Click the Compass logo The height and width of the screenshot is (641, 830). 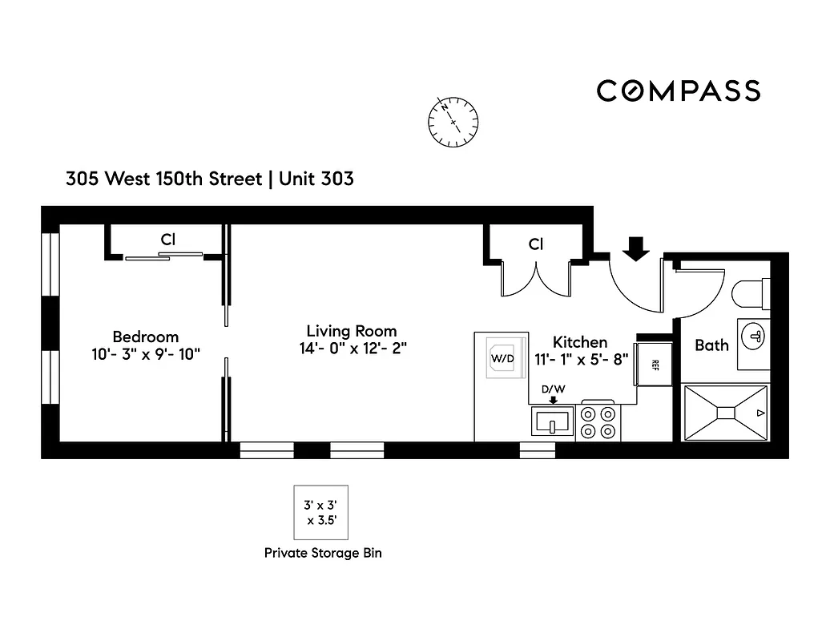click(678, 91)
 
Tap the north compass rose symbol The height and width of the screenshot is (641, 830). click(453, 122)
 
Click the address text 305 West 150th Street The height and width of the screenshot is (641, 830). click(164, 179)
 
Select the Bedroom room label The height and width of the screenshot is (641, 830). click(145, 337)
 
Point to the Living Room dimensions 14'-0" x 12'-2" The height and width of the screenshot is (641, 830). click(352, 349)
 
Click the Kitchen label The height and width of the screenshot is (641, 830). click(580, 342)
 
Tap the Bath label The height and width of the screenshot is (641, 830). click(711, 345)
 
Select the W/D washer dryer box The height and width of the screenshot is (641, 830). click(502, 359)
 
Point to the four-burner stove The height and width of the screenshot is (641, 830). click(599, 422)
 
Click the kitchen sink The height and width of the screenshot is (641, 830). click(552, 421)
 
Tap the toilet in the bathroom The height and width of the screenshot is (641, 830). click(751, 292)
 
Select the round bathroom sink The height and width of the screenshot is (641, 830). click(755, 337)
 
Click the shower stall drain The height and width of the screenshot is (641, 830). click(725, 412)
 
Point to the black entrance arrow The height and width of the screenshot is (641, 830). click(636, 249)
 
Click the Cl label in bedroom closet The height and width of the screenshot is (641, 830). click(167, 239)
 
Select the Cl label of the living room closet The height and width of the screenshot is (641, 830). click(536, 244)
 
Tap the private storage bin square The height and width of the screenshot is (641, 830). click(320, 513)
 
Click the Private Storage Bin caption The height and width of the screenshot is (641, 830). click(323, 553)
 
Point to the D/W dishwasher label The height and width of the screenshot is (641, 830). click(552, 389)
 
